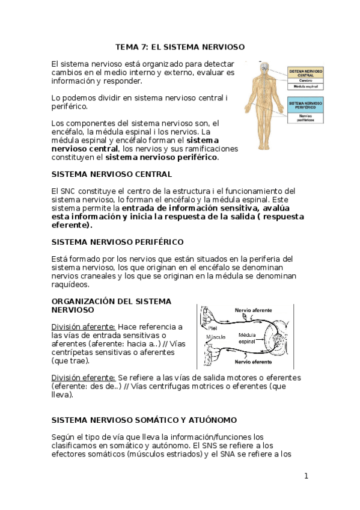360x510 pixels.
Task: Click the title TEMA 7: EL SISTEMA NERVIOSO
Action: click(x=180, y=46)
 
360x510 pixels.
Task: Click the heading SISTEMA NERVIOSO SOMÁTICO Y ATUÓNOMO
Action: click(x=144, y=420)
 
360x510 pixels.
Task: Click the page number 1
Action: click(x=306, y=476)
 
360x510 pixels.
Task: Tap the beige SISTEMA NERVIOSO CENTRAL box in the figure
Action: click(x=305, y=72)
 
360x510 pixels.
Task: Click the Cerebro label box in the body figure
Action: click(x=305, y=80)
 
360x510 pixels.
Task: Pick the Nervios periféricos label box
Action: click(x=305, y=118)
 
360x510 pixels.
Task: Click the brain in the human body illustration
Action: click(x=262, y=65)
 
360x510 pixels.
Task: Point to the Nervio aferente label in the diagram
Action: click(x=252, y=311)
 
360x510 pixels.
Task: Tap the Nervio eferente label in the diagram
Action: click(x=252, y=362)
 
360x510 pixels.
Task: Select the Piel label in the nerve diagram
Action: click(x=213, y=328)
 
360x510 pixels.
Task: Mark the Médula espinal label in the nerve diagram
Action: click(x=250, y=337)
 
